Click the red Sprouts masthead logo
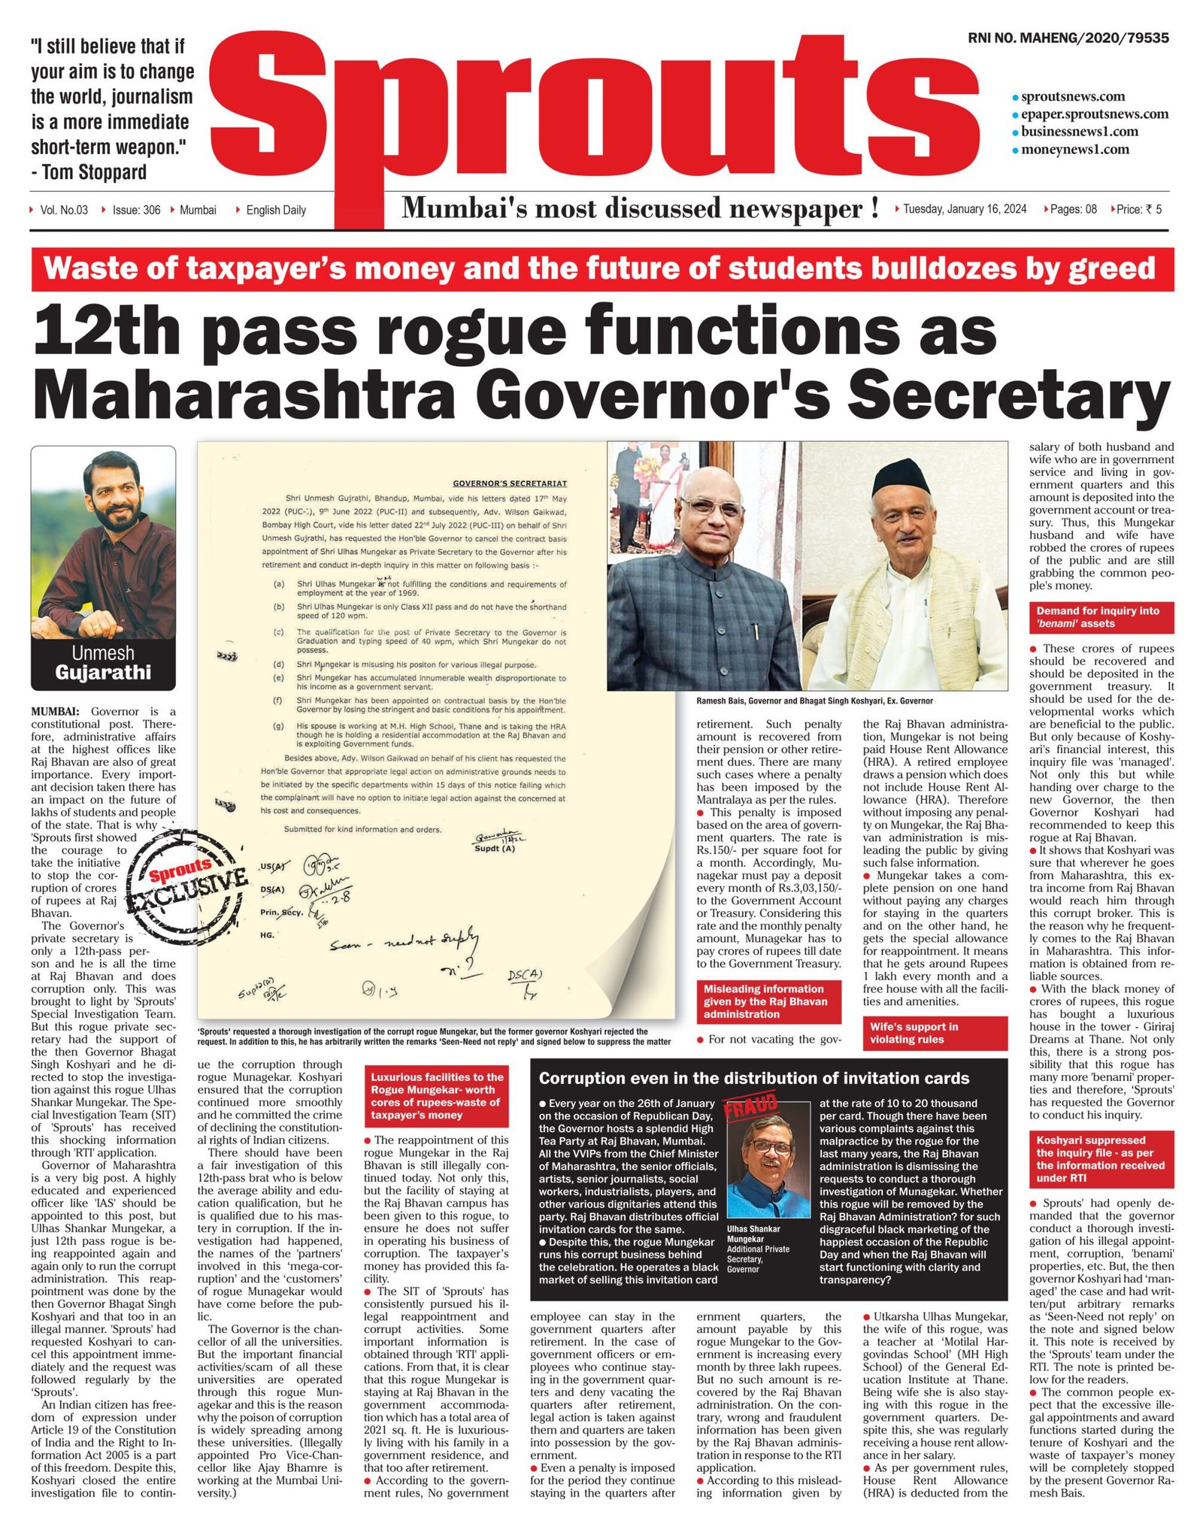tap(594, 113)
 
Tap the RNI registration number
tap(1068, 38)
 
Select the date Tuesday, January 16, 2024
tap(964, 209)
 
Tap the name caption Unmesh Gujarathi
tap(103, 662)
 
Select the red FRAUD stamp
tap(750, 1107)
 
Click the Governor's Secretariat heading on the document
tap(509, 483)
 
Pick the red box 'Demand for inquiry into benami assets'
tap(1101, 617)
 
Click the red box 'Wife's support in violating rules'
tap(934, 1033)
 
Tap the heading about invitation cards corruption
tap(753, 1078)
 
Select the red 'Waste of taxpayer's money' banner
tap(601, 268)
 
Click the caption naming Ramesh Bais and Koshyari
tap(814, 701)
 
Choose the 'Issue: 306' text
tap(136, 210)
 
